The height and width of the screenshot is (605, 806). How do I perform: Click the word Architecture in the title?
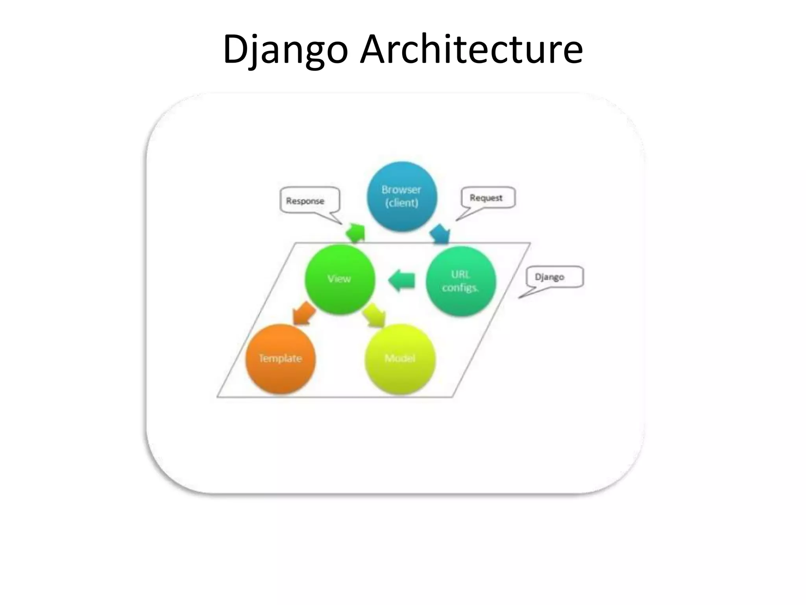pyautogui.click(x=471, y=49)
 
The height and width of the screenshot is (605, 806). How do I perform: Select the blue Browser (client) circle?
pyautogui.click(x=401, y=196)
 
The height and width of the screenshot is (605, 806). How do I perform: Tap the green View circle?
pyautogui.click(x=339, y=279)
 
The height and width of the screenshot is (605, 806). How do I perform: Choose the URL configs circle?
pyautogui.click(x=460, y=281)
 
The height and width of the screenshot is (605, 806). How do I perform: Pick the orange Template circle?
pyautogui.click(x=280, y=358)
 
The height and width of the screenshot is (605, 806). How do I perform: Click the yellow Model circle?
pyautogui.click(x=400, y=358)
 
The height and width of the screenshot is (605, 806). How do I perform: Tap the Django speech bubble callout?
pyautogui.click(x=554, y=277)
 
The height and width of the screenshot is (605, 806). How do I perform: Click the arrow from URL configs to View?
pyautogui.click(x=402, y=280)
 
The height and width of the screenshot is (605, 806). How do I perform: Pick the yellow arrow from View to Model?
pyautogui.click(x=374, y=315)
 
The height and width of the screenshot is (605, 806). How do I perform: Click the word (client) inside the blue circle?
pyautogui.click(x=401, y=203)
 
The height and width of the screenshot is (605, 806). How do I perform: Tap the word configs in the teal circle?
pyautogui.click(x=460, y=288)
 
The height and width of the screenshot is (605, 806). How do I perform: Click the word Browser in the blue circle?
pyautogui.click(x=401, y=190)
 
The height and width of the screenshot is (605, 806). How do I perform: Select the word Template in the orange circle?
pyautogui.click(x=280, y=358)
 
